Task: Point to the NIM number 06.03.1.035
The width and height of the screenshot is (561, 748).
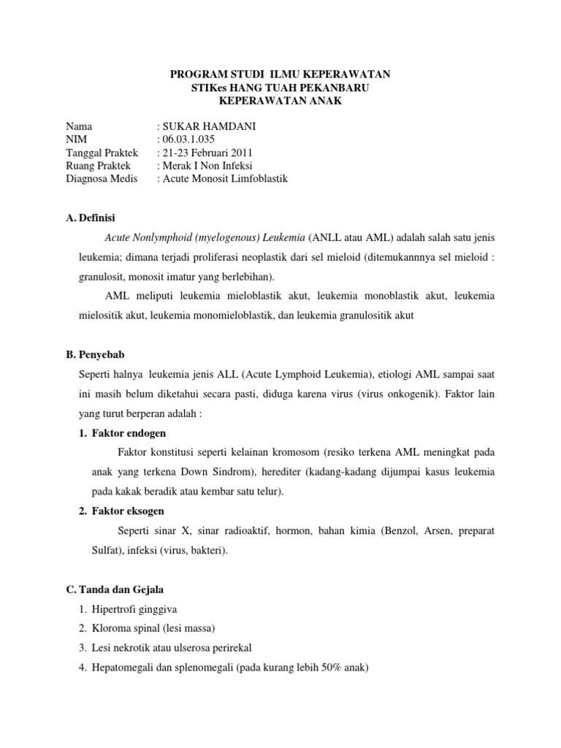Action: (188, 140)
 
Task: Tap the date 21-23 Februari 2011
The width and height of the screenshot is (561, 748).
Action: (207, 153)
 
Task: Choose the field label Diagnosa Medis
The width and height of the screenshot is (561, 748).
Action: (102, 179)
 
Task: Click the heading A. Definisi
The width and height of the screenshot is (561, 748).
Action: (90, 218)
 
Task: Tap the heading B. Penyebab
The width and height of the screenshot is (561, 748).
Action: (96, 354)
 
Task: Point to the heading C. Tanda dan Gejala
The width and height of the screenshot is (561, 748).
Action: (118, 589)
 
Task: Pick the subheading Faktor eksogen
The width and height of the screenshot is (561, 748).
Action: (128, 511)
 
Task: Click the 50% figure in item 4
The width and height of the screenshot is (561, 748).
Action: (346, 668)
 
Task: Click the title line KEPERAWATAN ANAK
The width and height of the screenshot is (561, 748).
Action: (280, 101)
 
